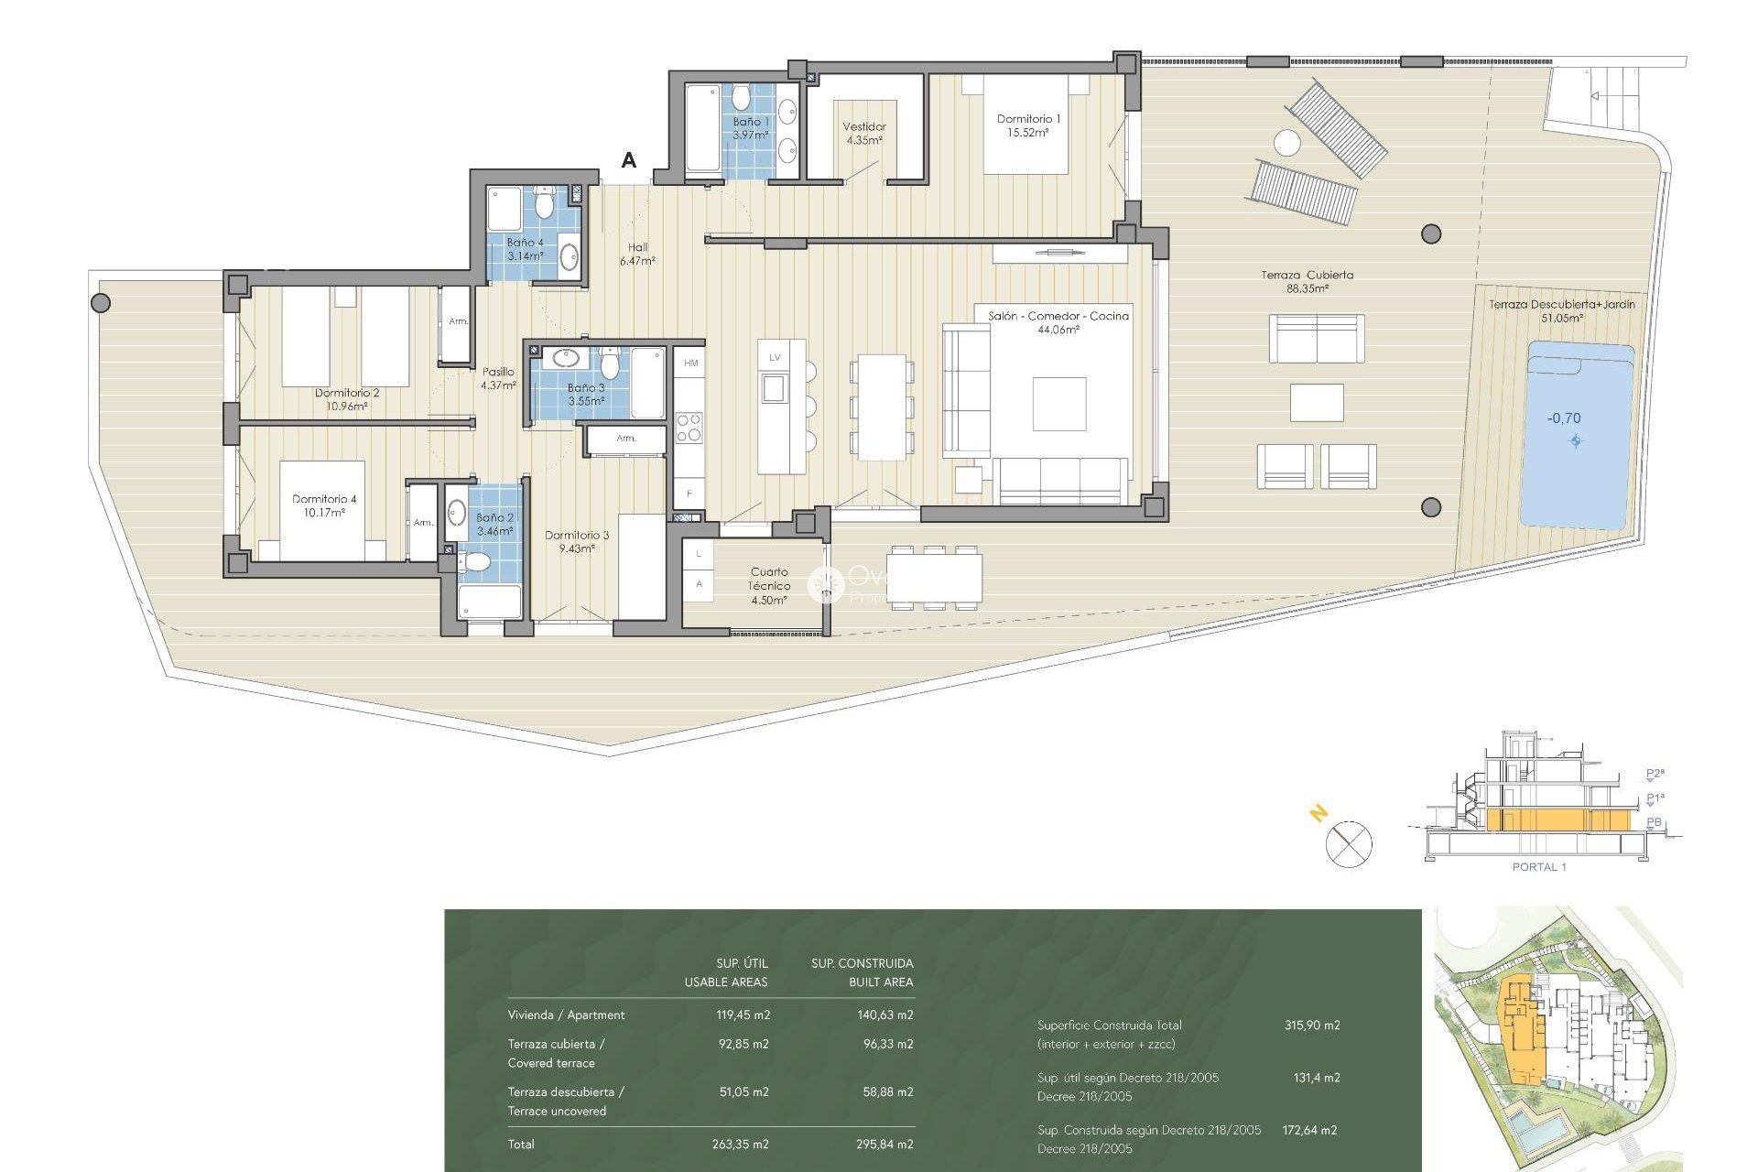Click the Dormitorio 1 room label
[x=1028, y=125]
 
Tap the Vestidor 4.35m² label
[x=863, y=134]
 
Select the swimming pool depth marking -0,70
[x=1564, y=418]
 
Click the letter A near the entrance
[x=628, y=160]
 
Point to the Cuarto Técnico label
[x=768, y=586]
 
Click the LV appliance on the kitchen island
[x=775, y=357]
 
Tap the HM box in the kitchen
[x=690, y=364]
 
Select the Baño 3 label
[x=585, y=395]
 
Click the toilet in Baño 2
[x=475, y=561]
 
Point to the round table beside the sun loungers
[x=1286, y=143]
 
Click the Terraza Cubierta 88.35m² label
[x=1307, y=281]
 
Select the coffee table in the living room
[x=1059, y=404]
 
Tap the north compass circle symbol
[x=1349, y=844]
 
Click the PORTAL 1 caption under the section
[x=1538, y=867]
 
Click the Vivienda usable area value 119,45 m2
[x=743, y=1015]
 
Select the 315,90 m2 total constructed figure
[x=1311, y=1025]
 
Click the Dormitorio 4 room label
[x=324, y=505]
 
